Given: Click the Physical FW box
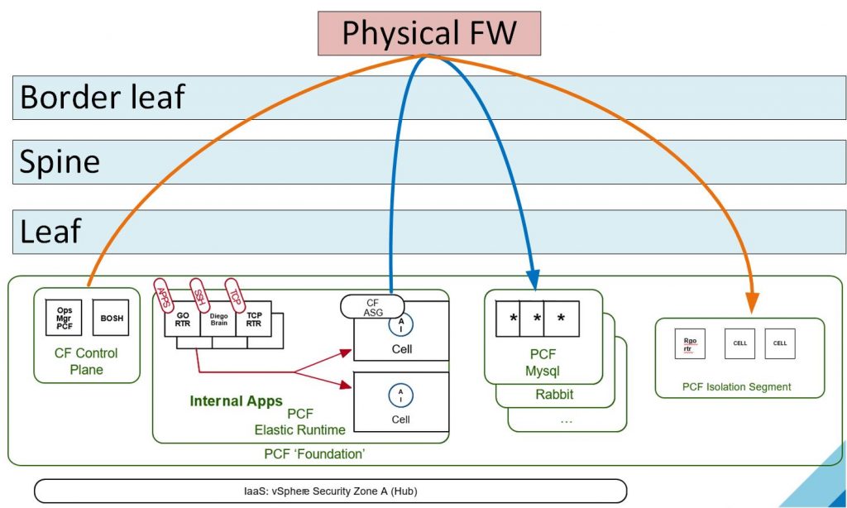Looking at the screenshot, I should (x=428, y=33).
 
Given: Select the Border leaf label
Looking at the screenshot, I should (x=102, y=97).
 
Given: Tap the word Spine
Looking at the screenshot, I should (x=60, y=161).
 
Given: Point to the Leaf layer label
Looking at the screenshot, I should (x=50, y=231).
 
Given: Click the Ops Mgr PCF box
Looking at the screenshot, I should (x=64, y=318).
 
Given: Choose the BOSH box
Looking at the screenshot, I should (x=111, y=318).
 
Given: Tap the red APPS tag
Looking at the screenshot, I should (x=164, y=294).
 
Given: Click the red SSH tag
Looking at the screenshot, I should (x=199, y=294).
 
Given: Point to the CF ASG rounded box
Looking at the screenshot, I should (x=372, y=306).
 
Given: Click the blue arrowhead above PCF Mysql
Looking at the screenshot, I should (x=532, y=280).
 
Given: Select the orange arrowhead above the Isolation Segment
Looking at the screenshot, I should (x=754, y=305).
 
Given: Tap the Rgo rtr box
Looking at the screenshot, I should (x=690, y=343).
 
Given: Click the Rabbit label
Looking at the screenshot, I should (x=554, y=395).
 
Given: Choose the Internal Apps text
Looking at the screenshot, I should (x=236, y=401).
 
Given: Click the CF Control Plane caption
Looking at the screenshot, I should (x=86, y=362).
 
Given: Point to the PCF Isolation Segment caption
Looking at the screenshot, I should (x=736, y=386).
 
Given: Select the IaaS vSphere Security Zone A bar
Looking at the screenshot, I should (x=331, y=490).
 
